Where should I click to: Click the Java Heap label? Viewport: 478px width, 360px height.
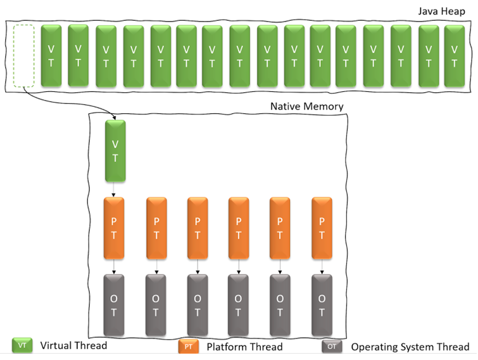(x=443, y=11)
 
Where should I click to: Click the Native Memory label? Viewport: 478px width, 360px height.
(x=306, y=106)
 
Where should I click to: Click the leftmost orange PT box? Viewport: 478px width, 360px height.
(x=115, y=228)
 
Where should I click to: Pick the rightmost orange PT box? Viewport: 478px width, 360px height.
(x=322, y=228)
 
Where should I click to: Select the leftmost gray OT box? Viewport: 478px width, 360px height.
(x=115, y=305)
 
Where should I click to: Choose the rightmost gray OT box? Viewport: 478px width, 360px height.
(x=322, y=305)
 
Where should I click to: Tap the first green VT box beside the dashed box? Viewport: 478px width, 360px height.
(x=51, y=56)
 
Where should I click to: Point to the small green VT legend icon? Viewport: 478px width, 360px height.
(x=22, y=345)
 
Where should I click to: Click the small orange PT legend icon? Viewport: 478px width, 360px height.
(x=189, y=346)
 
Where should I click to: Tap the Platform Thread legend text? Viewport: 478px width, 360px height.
(x=244, y=347)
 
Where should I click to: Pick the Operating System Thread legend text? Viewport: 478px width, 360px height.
(x=410, y=347)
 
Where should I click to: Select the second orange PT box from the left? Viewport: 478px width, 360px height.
(x=156, y=228)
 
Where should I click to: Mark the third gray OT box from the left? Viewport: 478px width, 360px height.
(x=198, y=305)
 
